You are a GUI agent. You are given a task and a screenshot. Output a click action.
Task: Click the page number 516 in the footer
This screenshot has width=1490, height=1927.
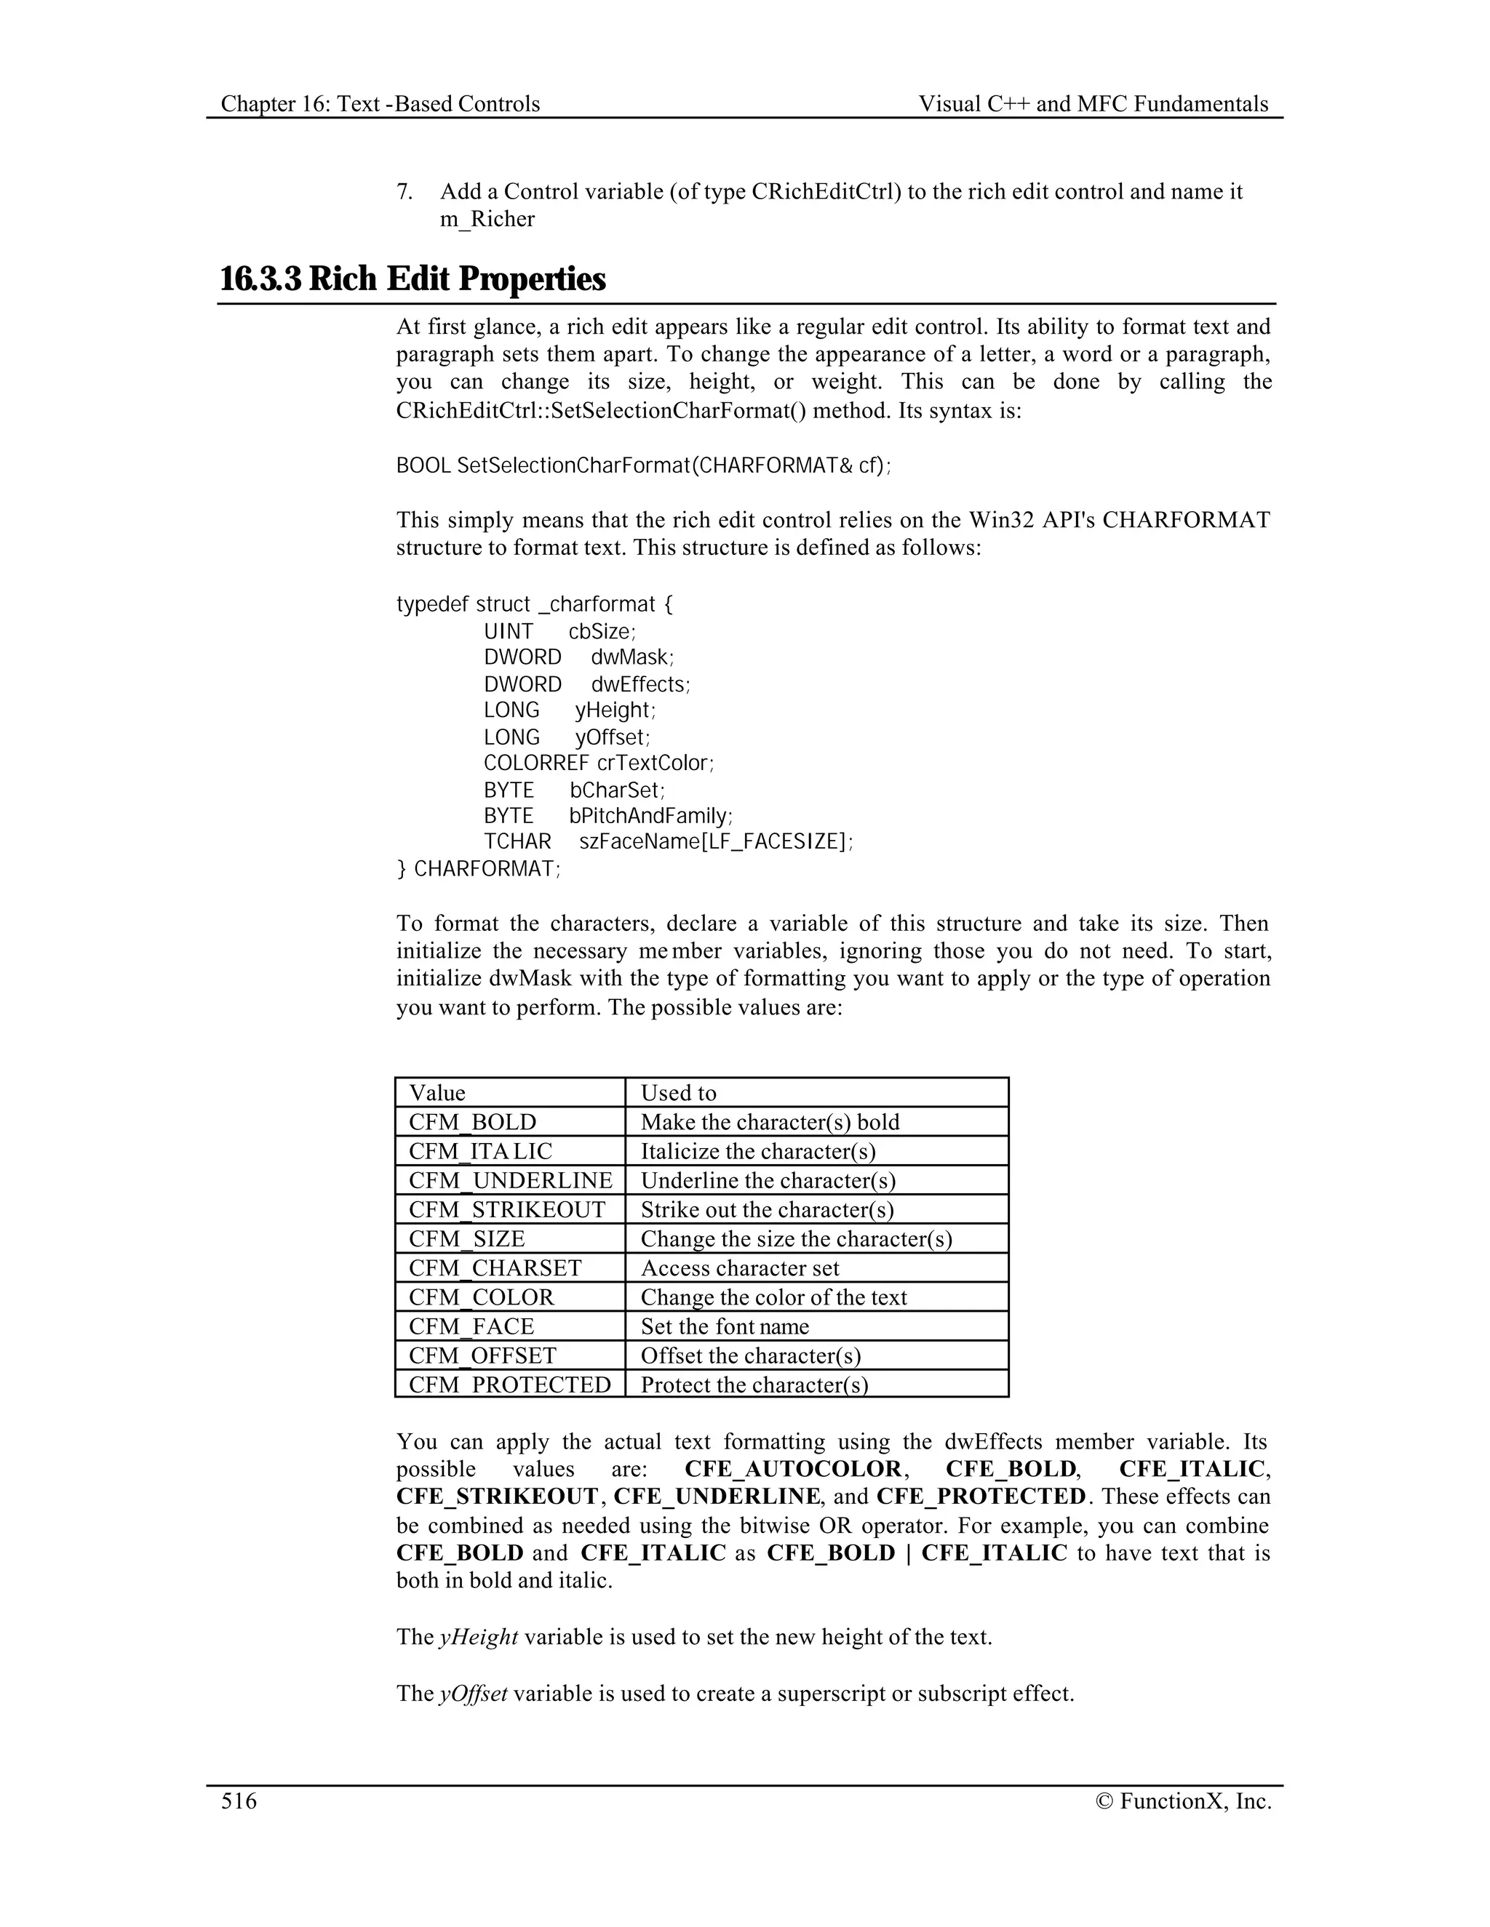pyautogui.click(x=239, y=1800)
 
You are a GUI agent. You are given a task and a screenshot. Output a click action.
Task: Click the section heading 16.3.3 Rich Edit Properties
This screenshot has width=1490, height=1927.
pyautogui.click(x=413, y=279)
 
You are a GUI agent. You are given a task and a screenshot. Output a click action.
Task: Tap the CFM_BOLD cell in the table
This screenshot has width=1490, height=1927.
pyautogui.click(x=472, y=1121)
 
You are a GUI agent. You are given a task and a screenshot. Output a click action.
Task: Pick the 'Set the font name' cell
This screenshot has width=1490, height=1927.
pyautogui.click(x=725, y=1326)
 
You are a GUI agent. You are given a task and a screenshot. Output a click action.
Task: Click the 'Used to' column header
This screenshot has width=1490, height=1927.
pyautogui.click(x=678, y=1092)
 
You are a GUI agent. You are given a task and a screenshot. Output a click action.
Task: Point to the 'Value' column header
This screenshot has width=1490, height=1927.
pyautogui.click(x=437, y=1092)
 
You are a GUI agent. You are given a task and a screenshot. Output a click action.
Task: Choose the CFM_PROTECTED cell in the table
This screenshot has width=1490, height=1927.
pyautogui.click(x=509, y=1385)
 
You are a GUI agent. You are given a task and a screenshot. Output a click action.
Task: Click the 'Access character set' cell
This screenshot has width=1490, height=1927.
pyautogui.click(x=740, y=1268)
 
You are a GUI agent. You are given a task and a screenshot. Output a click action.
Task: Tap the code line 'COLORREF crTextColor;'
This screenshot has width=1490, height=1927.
pyautogui.click(x=599, y=764)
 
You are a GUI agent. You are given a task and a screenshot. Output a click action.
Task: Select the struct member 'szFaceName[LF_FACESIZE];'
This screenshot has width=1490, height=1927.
pyautogui.click(x=716, y=842)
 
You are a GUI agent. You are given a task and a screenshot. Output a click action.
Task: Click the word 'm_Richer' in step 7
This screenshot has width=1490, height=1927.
pyautogui.click(x=487, y=219)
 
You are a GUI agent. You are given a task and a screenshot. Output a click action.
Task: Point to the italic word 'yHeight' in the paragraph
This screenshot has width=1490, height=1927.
pyautogui.click(x=479, y=1637)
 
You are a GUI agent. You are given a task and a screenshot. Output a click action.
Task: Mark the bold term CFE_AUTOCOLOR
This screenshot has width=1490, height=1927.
pyautogui.click(x=793, y=1468)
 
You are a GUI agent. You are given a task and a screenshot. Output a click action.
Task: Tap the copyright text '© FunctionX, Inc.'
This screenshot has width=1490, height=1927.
pyautogui.click(x=1184, y=1800)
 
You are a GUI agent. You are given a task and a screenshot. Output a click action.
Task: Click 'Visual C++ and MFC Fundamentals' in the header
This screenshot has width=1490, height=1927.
pyautogui.click(x=1093, y=104)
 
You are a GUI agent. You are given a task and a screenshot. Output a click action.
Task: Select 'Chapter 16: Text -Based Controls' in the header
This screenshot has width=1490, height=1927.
pyautogui.click(x=381, y=104)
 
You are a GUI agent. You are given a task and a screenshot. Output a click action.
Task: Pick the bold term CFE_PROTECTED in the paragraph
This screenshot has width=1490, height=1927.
pyautogui.click(x=981, y=1497)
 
